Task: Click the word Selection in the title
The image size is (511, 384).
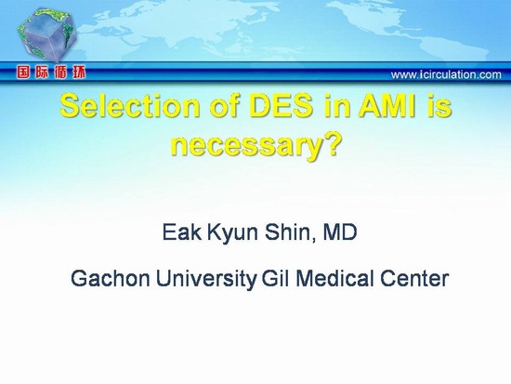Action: tap(129, 106)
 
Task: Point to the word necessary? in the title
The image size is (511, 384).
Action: tap(255, 144)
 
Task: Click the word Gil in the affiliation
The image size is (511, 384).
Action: tap(275, 278)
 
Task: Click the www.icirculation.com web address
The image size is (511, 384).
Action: tap(446, 74)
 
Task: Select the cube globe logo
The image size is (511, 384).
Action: tap(47, 35)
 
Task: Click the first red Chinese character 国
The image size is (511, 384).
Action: tap(24, 73)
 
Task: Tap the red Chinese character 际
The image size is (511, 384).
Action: tap(42, 73)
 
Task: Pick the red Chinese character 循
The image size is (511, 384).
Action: tap(60, 73)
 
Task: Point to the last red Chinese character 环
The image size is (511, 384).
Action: tap(79, 73)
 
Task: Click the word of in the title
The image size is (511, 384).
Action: tap(224, 106)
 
